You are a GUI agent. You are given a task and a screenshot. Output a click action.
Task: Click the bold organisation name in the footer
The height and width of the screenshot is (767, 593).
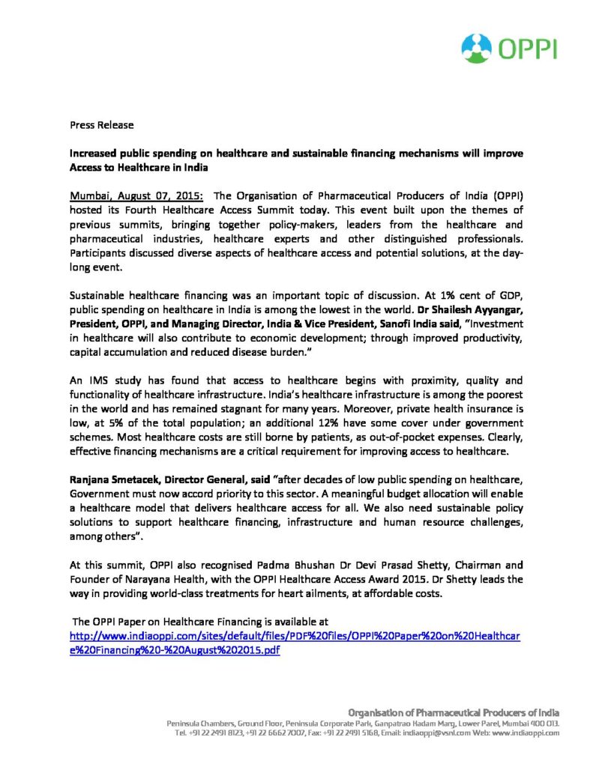coord(454,712)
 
